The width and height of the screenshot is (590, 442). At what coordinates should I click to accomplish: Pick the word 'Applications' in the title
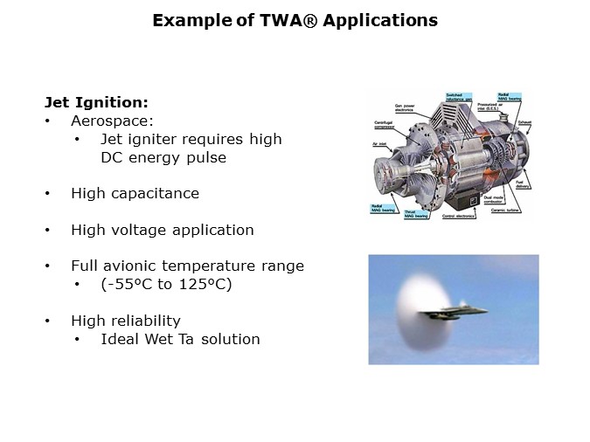tap(380, 19)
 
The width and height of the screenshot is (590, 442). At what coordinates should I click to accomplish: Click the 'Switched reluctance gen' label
tap(461, 96)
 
